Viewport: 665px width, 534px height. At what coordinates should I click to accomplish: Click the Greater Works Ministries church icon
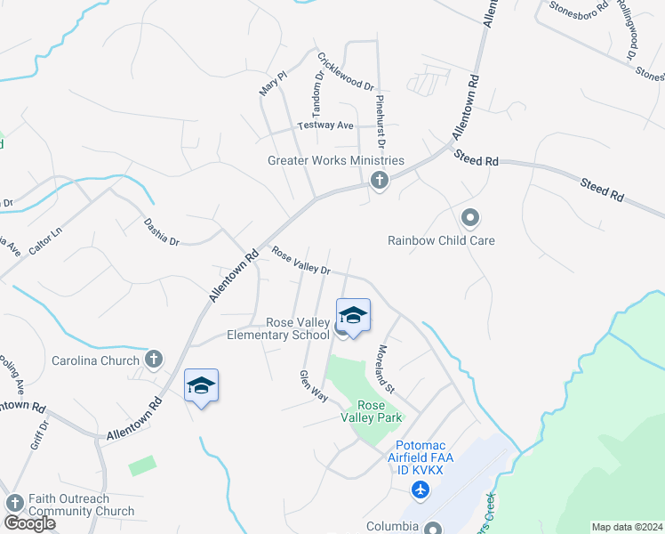(x=380, y=182)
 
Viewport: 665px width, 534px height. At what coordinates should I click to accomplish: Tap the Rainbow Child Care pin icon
(x=470, y=217)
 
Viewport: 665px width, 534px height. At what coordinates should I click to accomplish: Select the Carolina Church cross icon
(x=154, y=360)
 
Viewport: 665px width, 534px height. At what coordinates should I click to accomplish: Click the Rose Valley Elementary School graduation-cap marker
(x=353, y=315)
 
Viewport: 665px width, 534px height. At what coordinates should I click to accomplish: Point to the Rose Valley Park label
(x=373, y=410)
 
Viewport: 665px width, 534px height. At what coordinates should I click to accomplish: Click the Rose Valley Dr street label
(x=301, y=261)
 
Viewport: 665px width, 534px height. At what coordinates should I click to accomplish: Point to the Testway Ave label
(x=325, y=125)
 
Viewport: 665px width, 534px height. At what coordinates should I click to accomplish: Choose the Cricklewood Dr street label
(x=346, y=70)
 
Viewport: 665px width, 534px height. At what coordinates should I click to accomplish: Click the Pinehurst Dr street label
(x=380, y=121)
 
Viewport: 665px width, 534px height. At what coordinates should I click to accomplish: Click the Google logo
(x=28, y=523)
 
